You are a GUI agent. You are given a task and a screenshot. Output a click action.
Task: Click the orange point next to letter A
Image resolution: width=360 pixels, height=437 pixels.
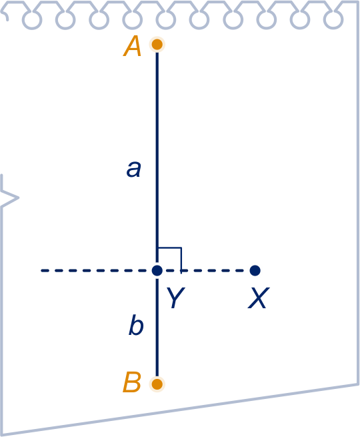coord(157,44)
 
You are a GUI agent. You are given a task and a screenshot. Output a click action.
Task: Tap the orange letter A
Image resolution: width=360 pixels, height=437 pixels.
coord(132,46)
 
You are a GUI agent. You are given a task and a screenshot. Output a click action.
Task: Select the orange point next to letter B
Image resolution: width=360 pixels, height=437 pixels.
coord(157,384)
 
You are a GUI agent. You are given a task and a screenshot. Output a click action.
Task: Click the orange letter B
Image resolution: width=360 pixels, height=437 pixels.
coord(132,382)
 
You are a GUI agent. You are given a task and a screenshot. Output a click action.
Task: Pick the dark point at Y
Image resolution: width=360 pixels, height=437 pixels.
coord(157,270)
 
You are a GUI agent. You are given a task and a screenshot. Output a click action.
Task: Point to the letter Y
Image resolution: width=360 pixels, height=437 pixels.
coord(176,298)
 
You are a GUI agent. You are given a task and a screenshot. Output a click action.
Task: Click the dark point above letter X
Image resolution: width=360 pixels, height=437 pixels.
coord(255,270)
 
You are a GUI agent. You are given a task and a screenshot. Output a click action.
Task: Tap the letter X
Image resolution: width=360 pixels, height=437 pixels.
coord(259,298)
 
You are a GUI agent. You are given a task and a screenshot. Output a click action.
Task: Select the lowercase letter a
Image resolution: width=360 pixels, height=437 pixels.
coord(134,169)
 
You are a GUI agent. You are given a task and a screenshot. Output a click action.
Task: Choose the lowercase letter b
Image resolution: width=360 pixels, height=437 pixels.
coord(136,325)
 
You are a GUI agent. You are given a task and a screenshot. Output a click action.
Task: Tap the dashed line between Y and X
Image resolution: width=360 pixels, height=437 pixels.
coord(206,270)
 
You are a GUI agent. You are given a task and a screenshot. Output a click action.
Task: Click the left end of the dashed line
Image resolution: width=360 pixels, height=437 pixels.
coord(41,270)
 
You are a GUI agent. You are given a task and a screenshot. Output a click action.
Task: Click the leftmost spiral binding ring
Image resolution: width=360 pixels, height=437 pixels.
coord(32,19)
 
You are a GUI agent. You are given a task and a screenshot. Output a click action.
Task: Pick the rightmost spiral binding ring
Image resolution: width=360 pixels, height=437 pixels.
coord(333,19)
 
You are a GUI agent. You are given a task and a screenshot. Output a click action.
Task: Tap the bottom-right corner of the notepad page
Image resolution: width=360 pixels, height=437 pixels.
coord(358,384)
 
